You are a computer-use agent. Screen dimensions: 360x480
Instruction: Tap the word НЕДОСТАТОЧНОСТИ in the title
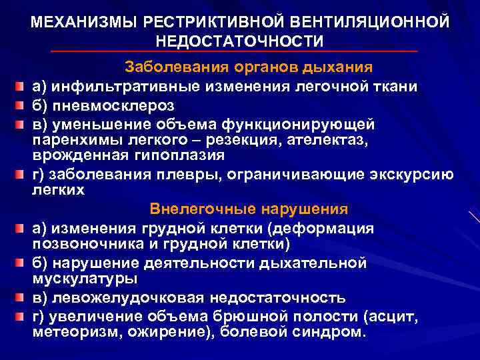click(x=240, y=41)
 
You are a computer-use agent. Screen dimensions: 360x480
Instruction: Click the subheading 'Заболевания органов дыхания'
click(x=249, y=68)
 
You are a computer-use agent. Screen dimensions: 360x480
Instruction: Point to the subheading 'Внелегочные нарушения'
click(x=249, y=209)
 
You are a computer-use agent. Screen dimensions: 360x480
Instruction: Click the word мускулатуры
click(x=85, y=279)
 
